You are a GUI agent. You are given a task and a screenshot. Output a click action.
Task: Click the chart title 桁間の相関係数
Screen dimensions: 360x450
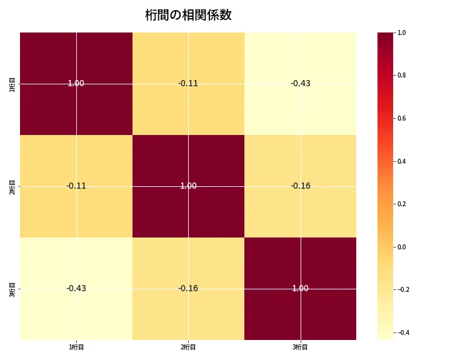point(188,15)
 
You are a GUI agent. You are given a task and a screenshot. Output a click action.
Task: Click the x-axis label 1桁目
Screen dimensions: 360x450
point(76,347)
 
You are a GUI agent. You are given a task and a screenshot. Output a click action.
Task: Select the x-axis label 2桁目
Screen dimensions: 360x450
point(188,347)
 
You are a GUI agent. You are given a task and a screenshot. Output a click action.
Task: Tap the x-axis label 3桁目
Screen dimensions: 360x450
point(301,347)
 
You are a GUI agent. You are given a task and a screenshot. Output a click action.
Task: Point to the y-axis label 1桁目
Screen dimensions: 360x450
point(12,84)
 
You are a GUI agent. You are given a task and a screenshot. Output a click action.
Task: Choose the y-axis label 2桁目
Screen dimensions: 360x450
point(12,186)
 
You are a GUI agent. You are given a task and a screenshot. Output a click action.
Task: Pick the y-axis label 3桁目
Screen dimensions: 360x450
point(12,289)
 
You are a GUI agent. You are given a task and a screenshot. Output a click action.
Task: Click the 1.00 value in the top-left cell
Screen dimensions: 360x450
point(76,84)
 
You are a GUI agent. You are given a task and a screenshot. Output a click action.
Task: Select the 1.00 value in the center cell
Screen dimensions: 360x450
point(188,186)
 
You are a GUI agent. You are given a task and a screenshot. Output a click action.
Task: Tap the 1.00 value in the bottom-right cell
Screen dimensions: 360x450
point(301,289)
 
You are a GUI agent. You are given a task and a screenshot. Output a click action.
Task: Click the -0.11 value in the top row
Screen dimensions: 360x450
point(188,84)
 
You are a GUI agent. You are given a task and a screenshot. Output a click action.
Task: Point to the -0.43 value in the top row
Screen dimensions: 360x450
point(301,84)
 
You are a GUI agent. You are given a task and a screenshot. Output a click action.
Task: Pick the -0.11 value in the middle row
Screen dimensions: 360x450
point(76,186)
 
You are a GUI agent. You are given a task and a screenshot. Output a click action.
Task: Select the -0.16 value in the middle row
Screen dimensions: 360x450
point(301,186)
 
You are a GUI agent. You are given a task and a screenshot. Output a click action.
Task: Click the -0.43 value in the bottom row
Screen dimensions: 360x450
point(76,289)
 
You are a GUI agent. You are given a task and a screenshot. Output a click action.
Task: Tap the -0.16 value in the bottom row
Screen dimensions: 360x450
point(188,289)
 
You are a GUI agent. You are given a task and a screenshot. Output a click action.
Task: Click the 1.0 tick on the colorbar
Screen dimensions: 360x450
point(402,32)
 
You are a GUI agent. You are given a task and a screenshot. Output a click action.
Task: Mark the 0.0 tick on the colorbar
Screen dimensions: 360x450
point(402,247)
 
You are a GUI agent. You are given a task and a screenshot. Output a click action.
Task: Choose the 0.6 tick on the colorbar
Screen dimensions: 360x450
point(402,118)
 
